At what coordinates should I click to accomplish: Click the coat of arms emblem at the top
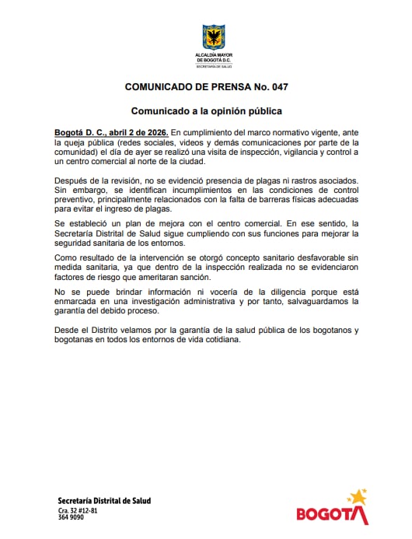point(213,36)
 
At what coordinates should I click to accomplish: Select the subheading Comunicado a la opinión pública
point(205,110)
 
